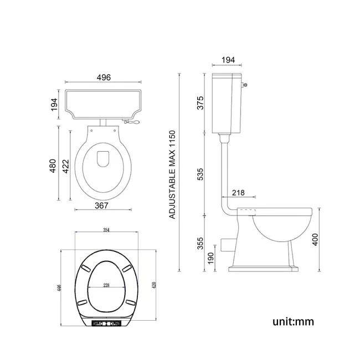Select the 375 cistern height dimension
(201, 103)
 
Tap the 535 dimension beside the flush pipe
(201, 173)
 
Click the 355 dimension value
(201, 243)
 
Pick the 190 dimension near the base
(211, 259)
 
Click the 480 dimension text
(53, 166)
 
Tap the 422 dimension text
(66, 166)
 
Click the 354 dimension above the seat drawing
(105, 230)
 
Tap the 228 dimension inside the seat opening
(105, 285)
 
